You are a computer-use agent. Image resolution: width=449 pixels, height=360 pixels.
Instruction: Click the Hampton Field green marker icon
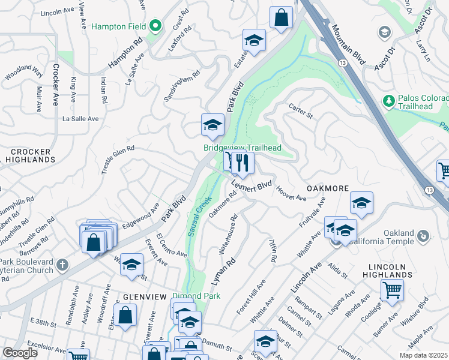[155, 26]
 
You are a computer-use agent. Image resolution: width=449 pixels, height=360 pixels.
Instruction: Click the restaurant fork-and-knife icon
[243, 162]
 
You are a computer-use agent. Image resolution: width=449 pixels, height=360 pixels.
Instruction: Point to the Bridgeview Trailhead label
[242, 148]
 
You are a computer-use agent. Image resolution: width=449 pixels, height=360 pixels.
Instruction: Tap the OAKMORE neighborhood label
[328, 188]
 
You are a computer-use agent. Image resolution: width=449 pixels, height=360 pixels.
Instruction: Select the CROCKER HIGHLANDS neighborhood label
[29, 156]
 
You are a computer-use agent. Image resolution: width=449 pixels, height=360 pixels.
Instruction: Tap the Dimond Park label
[196, 296]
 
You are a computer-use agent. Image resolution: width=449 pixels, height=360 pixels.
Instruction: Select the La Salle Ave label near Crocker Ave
[80, 119]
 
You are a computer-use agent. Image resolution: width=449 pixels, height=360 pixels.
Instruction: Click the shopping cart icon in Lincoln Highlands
[391, 290]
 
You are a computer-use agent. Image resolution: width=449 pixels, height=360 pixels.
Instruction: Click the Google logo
[20, 352]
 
